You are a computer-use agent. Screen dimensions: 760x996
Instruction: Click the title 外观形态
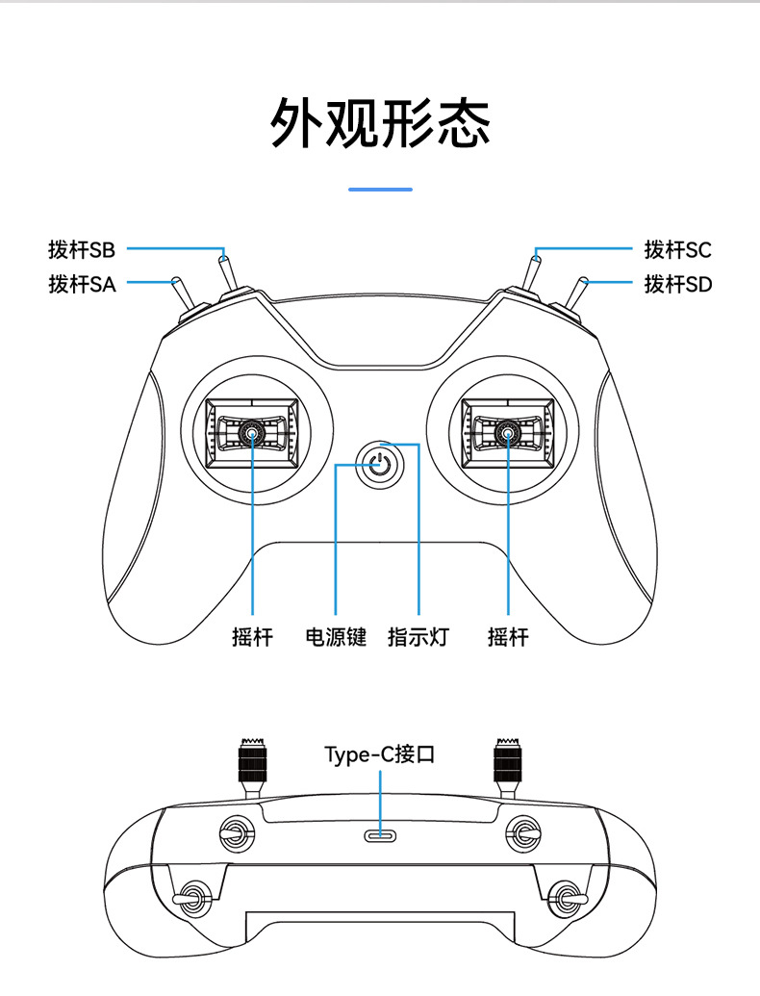380,122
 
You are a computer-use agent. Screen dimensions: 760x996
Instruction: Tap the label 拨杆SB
82,249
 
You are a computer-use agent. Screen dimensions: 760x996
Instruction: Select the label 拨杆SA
82,284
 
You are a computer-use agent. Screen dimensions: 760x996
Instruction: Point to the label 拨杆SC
677,249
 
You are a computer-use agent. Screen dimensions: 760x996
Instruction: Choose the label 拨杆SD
677,284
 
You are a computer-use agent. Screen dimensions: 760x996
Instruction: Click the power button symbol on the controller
380,465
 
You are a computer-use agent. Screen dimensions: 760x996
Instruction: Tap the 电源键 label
336,636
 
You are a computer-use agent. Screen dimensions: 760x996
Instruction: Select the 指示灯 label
418,636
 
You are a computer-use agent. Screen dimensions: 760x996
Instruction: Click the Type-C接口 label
380,754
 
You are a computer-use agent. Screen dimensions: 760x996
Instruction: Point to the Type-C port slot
380,835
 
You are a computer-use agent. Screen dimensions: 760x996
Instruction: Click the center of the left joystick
252,433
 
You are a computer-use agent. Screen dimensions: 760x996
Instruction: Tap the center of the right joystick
508,433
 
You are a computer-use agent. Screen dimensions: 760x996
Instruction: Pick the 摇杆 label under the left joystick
252,636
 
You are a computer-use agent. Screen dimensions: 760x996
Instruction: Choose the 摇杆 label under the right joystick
508,636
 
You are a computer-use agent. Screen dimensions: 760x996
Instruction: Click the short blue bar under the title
380,190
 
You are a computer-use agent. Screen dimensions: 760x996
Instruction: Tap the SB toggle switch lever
228,273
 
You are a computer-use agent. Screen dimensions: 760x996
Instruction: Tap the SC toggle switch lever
532,272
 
